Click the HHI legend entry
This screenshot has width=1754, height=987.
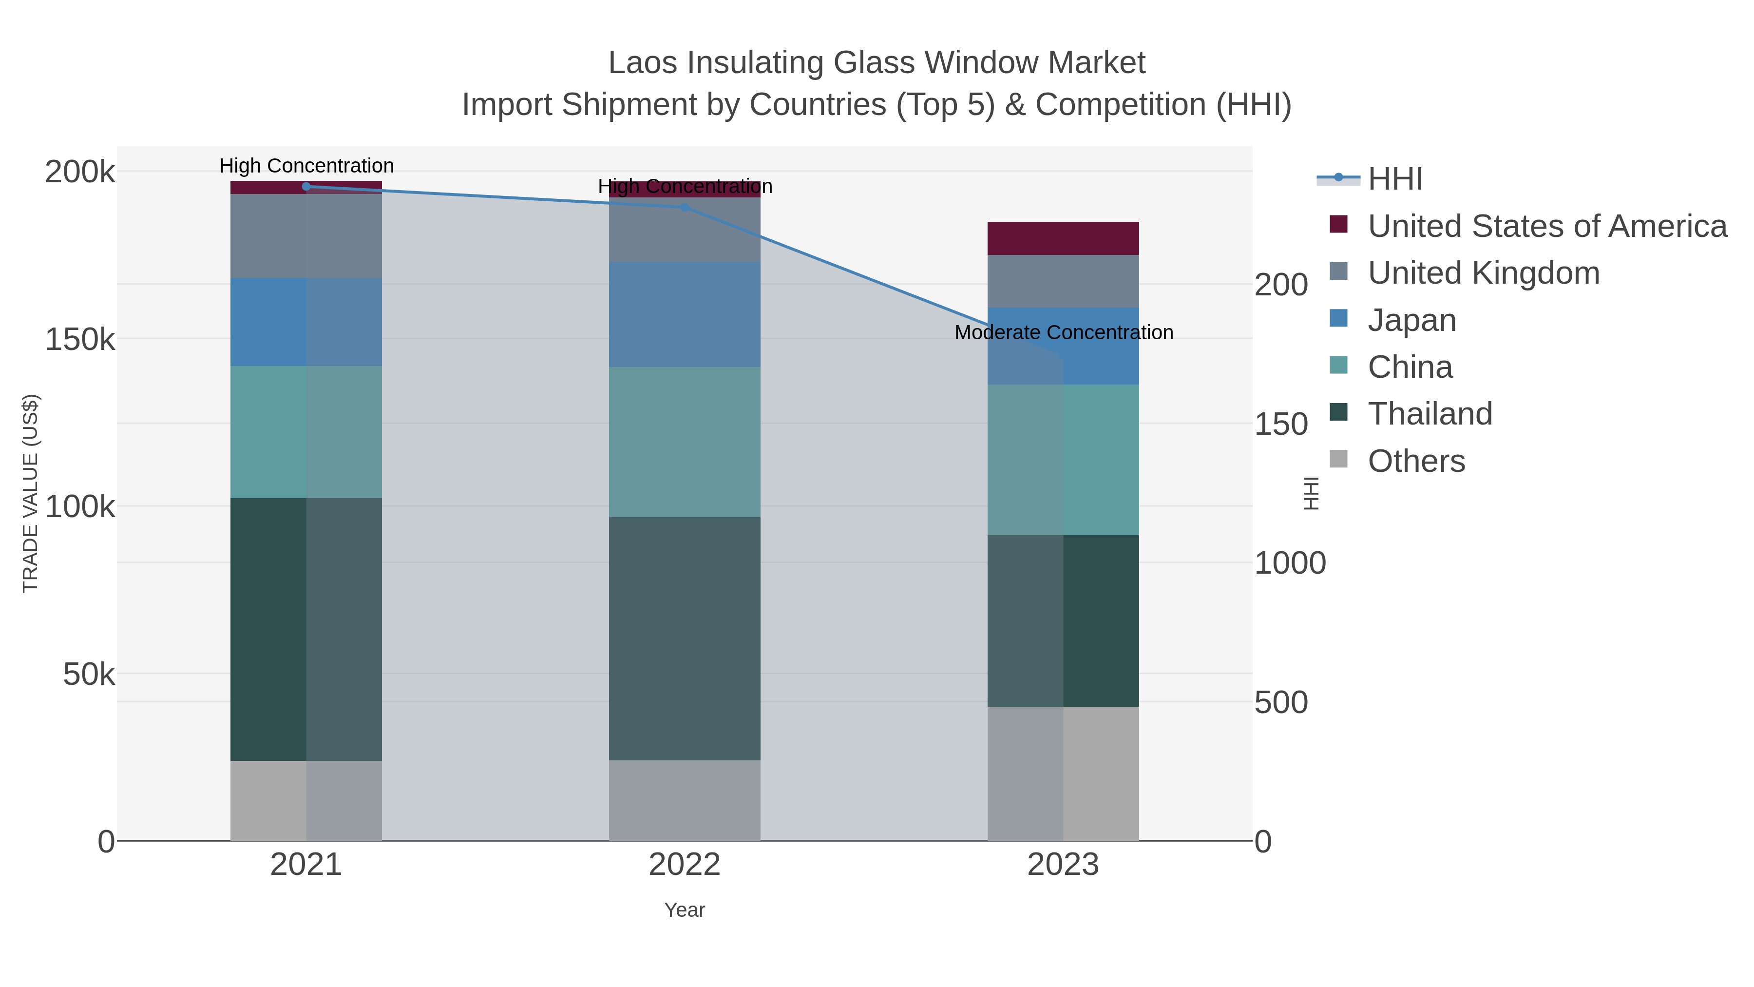coord(1394,179)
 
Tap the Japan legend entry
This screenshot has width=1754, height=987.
coord(1411,320)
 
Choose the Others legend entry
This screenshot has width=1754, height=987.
coord(1415,461)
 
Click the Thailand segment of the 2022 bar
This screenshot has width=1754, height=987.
coord(685,638)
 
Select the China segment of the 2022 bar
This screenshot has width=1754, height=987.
coord(685,442)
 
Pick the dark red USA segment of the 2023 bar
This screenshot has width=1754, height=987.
coord(1063,238)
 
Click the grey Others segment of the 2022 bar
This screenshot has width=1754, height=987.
coord(685,800)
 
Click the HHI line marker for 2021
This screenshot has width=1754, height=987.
coord(306,187)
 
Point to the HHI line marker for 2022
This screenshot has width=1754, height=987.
coord(685,207)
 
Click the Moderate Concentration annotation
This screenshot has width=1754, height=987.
coord(1064,333)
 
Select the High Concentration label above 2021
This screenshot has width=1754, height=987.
coord(306,166)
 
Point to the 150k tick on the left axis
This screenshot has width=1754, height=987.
coord(80,339)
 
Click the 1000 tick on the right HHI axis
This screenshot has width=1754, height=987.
coord(1290,563)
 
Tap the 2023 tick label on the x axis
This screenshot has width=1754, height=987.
coord(1063,866)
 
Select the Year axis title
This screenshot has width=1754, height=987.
coord(685,910)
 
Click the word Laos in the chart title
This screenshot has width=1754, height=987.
coord(642,63)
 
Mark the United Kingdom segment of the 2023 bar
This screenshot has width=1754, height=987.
coord(1063,281)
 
